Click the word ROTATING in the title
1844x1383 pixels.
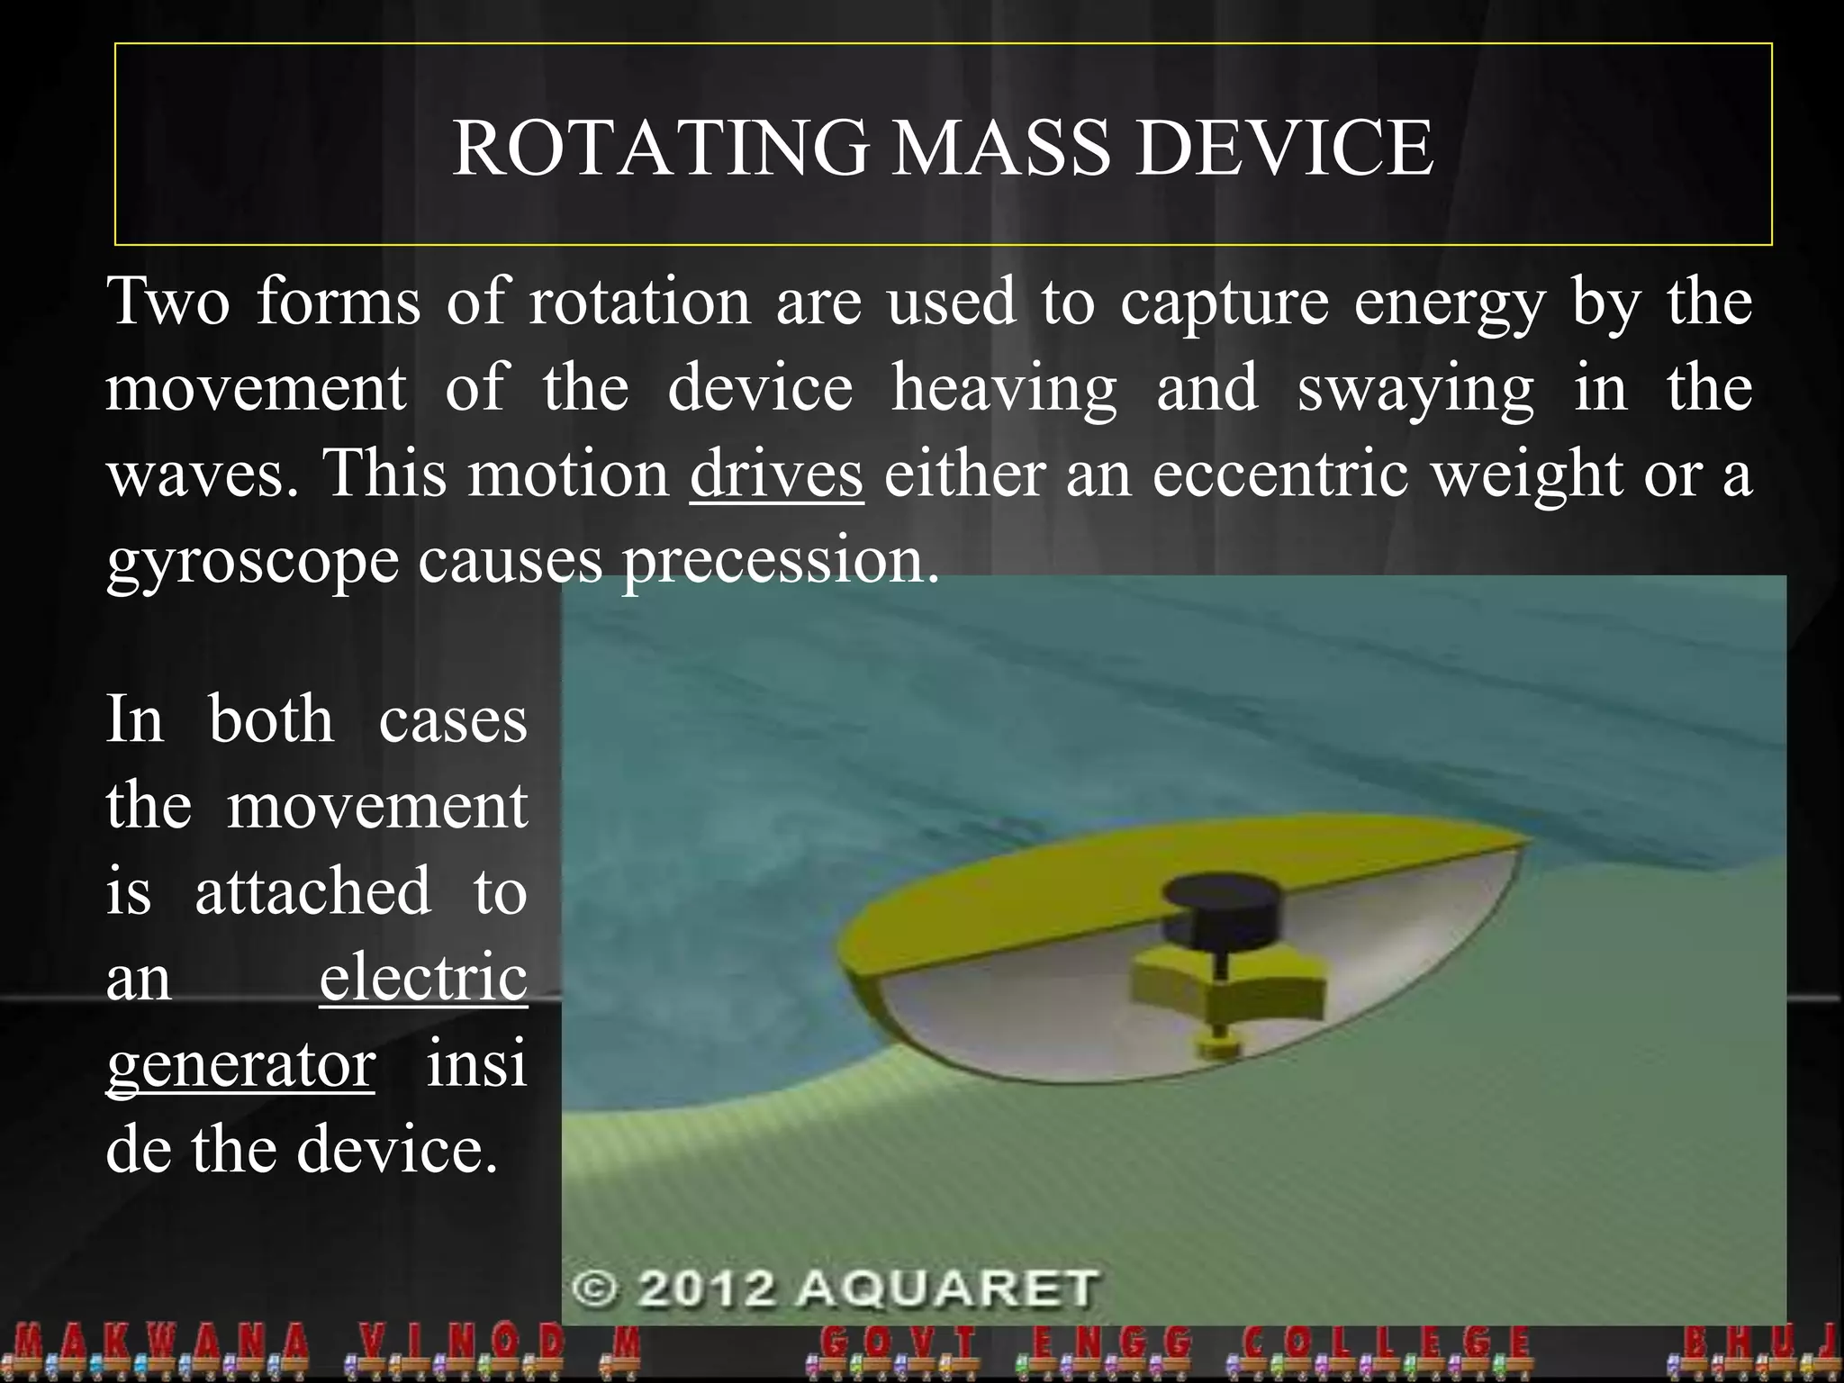660,148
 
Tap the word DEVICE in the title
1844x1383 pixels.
1284,148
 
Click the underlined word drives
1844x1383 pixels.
776,475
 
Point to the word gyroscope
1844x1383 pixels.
252,563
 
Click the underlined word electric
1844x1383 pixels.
423,977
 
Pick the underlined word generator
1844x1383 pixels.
240,1065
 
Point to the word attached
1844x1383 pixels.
312,891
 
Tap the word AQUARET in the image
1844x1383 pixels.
947,1288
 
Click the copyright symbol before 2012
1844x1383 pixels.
595,1288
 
